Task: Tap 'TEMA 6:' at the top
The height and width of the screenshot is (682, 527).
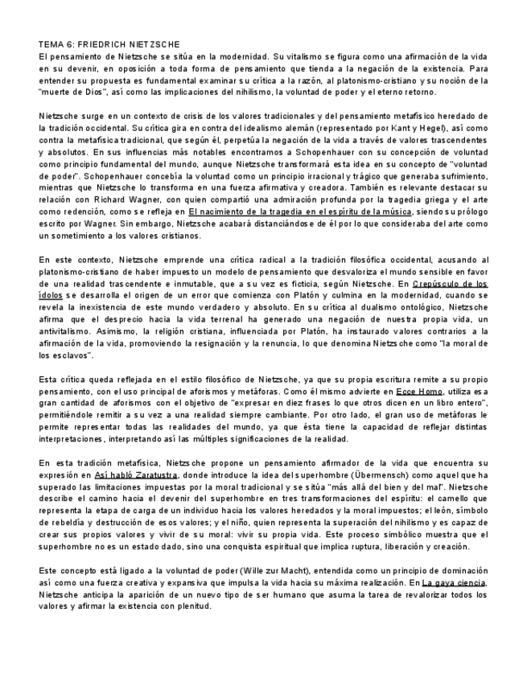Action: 56,44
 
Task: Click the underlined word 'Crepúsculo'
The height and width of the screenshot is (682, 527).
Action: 439,283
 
